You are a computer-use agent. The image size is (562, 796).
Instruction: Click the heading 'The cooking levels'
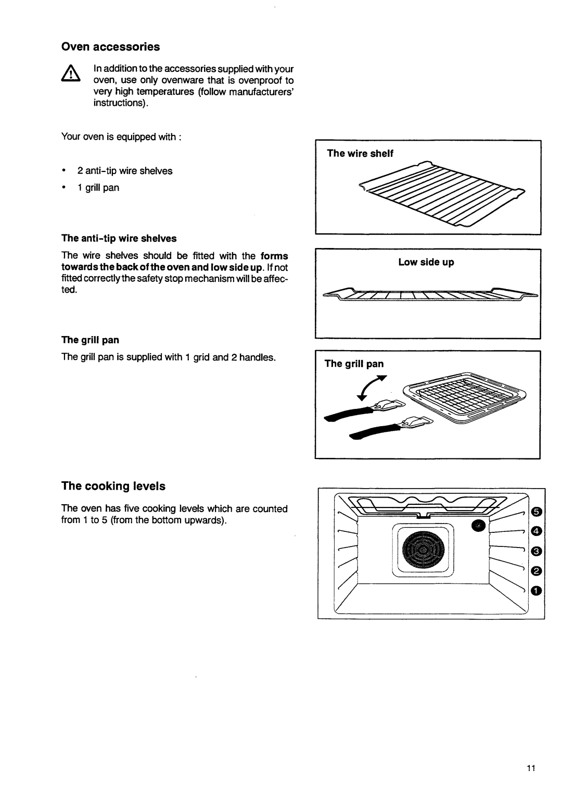(x=113, y=486)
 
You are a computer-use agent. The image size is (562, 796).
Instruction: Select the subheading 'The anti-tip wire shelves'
(x=119, y=239)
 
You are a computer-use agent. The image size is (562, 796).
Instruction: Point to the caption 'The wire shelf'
(x=360, y=153)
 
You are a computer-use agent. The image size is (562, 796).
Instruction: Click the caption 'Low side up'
(x=426, y=263)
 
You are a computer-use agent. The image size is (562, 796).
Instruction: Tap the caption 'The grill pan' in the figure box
(x=354, y=364)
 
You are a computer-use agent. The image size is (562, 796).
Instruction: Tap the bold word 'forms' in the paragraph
(x=274, y=256)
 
